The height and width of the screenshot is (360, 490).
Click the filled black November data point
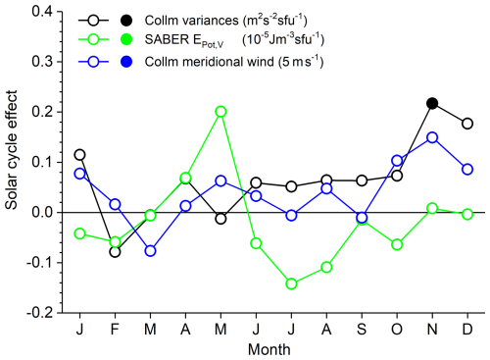[x=432, y=103]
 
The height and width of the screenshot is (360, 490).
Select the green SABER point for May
[x=220, y=112]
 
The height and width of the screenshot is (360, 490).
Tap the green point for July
[x=291, y=283]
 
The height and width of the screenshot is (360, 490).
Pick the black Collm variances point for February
[x=115, y=252]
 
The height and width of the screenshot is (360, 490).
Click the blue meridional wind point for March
[x=150, y=251]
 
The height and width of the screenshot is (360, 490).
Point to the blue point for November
[x=432, y=137]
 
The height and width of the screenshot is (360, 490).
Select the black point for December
[x=467, y=124]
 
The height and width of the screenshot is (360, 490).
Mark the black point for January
[x=79, y=155]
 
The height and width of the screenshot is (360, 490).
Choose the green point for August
[x=326, y=267]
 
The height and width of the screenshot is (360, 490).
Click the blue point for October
[x=397, y=161]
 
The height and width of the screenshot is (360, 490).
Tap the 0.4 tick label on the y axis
[x=42, y=12]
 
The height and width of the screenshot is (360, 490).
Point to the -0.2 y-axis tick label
[x=39, y=313]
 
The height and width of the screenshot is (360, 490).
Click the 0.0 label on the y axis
[x=42, y=213]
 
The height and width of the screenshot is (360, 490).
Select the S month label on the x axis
[x=362, y=329]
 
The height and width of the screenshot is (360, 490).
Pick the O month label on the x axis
[x=397, y=329]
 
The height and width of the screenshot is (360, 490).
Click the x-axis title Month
[x=269, y=349]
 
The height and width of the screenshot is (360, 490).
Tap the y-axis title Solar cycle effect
[x=11, y=150]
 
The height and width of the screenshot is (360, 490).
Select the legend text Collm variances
[x=192, y=21]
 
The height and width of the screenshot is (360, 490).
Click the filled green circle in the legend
[x=126, y=39]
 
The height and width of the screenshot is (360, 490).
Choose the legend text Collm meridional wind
[x=209, y=62]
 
